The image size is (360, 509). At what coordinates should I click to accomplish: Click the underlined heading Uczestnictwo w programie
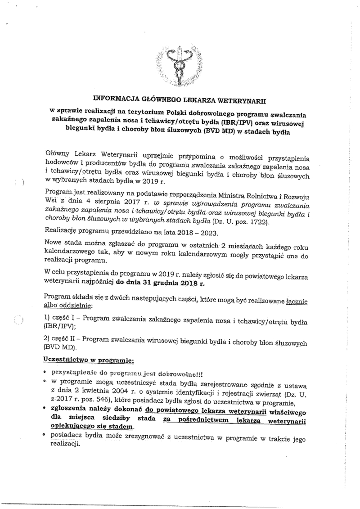(89, 360)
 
